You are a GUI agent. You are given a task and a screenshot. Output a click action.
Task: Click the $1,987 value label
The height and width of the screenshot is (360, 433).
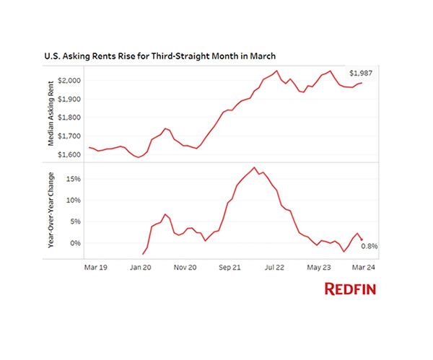coord(362,74)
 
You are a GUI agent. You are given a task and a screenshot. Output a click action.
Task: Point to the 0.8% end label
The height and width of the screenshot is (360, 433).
coord(369,246)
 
